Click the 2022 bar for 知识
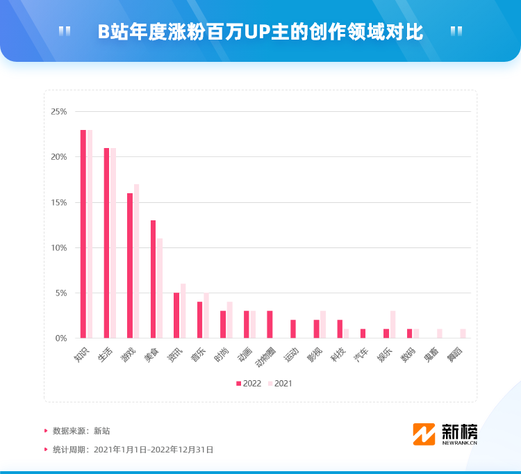click(x=83, y=234)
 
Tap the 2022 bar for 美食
click(x=154, y=279)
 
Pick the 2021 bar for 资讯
click(x=183, y=311)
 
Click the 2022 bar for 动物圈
click(x=270, y=325)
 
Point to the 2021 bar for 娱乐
click(x=392, y=325)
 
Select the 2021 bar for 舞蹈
click(x=463, y=334)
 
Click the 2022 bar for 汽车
click(x=363, y=334)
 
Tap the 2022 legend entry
click(x=248, y=383)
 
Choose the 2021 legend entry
click(x=280, y=383)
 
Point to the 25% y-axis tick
click(x=59, y=112)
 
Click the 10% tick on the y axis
click(x=59, y=248)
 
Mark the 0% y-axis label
click(x=61, y=338)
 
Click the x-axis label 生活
click(x=104, y=354)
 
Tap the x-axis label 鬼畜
click(x=431, y=354)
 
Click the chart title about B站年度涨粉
click(x=260, y=32)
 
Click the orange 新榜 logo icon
click(x=424, y=434)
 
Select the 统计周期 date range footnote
click(x=133, y=450)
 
